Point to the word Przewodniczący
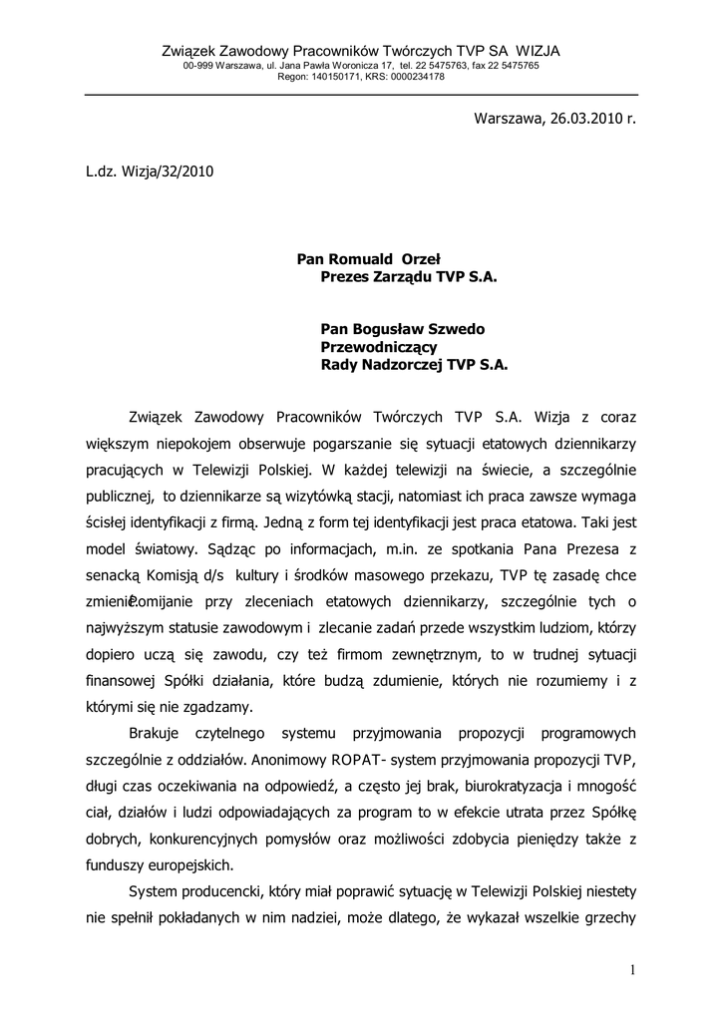379,346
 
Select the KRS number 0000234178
415,76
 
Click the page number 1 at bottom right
632,970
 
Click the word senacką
114,576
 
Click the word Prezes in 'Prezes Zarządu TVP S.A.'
344,277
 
